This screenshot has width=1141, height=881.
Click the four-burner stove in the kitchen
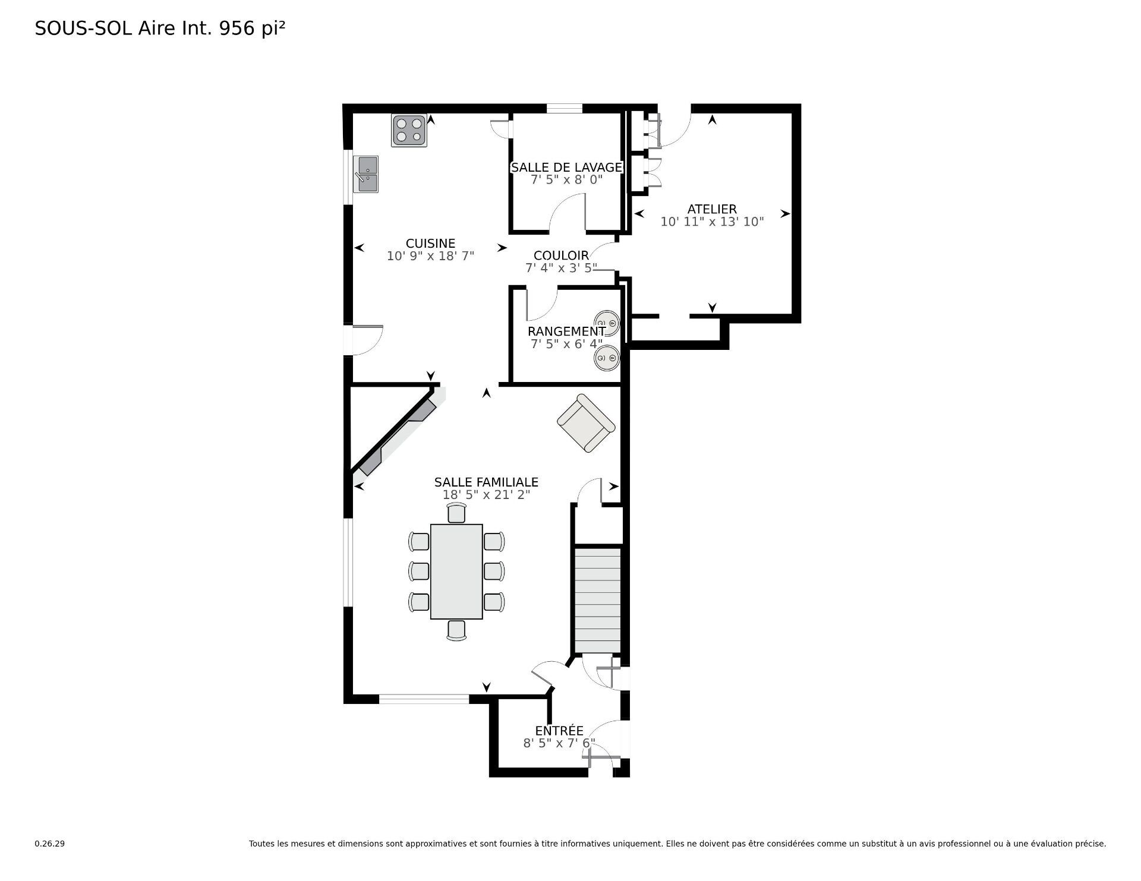coord(409,131)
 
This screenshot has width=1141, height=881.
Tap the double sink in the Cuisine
coord(365,174)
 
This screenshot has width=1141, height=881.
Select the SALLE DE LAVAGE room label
coord(566,168)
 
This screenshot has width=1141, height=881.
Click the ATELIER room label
coord(712,209)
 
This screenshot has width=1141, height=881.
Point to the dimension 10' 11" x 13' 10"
coord(712,222)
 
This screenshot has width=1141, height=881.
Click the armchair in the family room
coord(586,423)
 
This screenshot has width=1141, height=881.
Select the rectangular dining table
coord(456,571)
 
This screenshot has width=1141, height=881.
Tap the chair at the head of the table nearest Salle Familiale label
coord(456,513)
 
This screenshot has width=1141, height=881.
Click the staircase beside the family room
coord(598,600)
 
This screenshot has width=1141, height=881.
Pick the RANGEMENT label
coord(566,331)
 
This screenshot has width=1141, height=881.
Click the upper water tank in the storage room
coord(606,323)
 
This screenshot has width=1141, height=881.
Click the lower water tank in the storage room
coord(606,358)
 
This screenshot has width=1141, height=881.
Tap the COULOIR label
coord(561,255)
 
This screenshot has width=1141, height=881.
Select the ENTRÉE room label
coord(559,731)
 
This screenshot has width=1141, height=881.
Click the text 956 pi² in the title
coord(253,29)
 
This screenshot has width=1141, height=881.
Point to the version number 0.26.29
coord(49,844)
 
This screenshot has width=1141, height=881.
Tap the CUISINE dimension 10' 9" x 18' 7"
coord(430,257)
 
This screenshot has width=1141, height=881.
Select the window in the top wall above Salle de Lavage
coord(564,108)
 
